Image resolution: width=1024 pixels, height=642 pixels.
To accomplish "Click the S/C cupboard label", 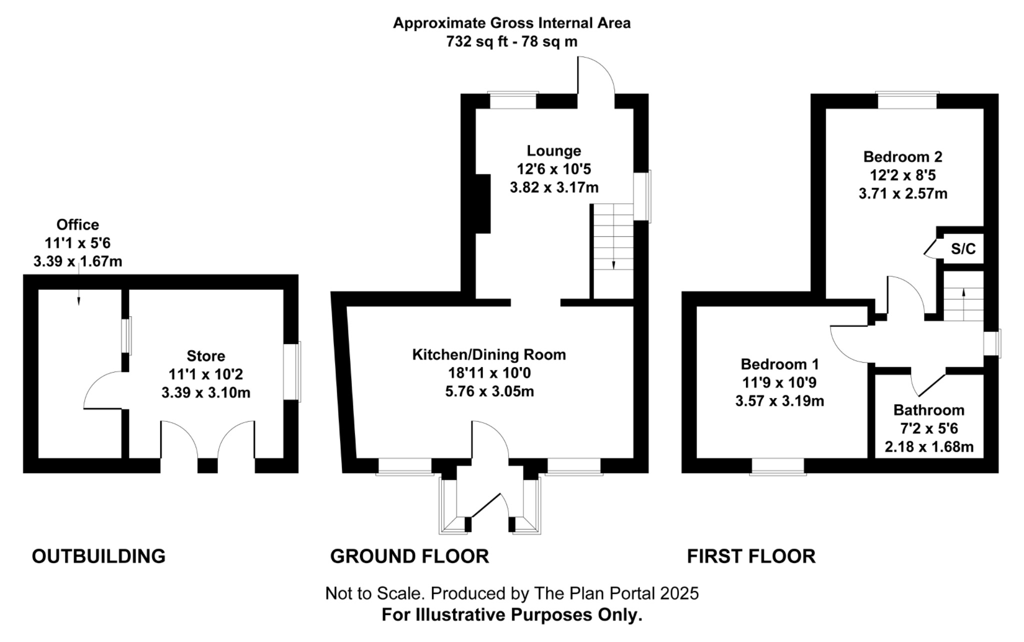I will click(x=963, y=249).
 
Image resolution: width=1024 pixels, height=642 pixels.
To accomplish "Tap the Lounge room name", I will click(x=553, y=150).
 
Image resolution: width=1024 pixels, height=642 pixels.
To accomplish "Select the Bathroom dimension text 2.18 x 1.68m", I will click(x=929, y=447).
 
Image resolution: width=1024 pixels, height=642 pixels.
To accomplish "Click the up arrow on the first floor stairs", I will click(x=963, y=293).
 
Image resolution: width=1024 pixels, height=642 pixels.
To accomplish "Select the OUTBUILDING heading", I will click(x=98, y=556).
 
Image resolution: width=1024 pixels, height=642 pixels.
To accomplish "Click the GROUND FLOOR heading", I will click(x=409, y=556).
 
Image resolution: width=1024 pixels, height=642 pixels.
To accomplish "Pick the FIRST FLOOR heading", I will click(x=751, y=556).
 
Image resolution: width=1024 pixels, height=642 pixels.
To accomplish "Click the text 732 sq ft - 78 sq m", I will click(x=511, y=41).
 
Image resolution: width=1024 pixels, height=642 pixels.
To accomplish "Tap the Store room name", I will click(x=205, y=356).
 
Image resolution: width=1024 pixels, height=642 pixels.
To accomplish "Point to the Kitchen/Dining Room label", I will click(x=489, y=355).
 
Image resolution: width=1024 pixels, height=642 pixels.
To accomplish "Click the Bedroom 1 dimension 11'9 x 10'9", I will click(x=779, y=382).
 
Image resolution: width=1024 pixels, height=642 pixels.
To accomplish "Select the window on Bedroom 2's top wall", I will click(x=906, y=100).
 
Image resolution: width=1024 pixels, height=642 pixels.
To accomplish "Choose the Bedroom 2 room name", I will click(x=902, y=156).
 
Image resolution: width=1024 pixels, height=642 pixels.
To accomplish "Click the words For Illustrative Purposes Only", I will click(x=511, y=615).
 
